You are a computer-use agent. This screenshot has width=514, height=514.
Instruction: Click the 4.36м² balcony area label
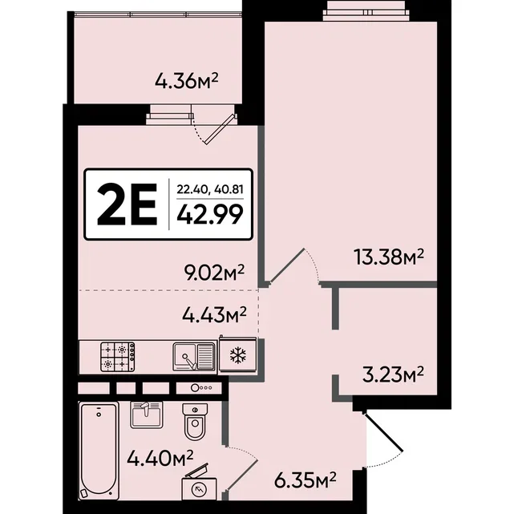(187, 81)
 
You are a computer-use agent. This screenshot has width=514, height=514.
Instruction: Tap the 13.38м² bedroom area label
(389, 257)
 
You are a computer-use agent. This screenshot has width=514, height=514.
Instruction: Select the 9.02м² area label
(214, 273)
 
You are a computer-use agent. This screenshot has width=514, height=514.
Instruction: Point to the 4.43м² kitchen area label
(214, 314)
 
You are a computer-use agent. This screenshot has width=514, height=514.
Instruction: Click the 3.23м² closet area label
(393, 374)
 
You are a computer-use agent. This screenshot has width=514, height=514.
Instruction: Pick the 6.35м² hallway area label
(306, 480)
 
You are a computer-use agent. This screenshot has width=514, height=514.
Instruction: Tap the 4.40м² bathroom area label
(160, 458)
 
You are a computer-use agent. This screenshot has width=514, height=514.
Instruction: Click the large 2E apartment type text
(127, 205)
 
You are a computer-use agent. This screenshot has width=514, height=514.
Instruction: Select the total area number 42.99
(210, 214)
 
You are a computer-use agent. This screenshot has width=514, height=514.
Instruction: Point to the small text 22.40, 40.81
(210, 189)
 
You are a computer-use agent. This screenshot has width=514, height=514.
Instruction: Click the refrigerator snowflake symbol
(238, 355)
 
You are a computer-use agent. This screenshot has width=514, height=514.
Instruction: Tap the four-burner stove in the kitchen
(118, 357)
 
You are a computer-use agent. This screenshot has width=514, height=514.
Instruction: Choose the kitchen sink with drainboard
(194, 357)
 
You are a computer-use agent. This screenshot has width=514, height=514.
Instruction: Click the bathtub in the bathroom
(99, 451)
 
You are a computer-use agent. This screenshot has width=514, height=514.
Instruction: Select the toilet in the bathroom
(195, 421)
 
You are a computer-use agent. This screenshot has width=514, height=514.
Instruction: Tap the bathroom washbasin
(146, 415)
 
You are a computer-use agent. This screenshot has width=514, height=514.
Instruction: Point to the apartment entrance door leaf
(382, 431)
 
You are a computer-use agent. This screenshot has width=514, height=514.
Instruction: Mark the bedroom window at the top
(366, 13)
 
